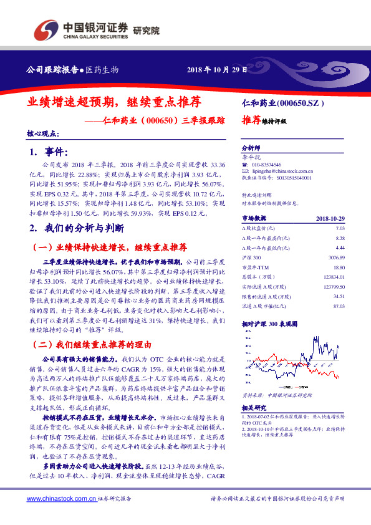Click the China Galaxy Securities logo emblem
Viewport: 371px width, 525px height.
click(x=45, y=28)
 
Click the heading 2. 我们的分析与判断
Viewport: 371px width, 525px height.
click(x=77, y=228)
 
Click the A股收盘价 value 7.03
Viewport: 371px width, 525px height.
click(x=340, y=229)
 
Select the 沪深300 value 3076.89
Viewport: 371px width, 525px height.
click(x=336, y=257)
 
